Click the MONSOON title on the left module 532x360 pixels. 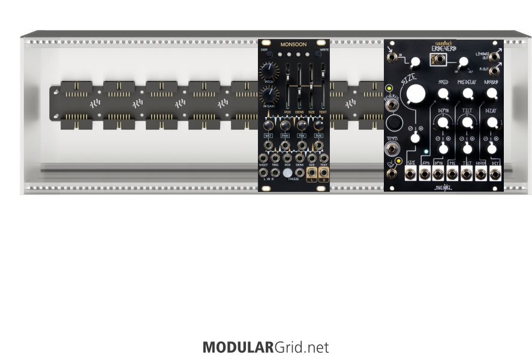(x=293, y=44)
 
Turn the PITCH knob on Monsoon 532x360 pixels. (x=269, y=73)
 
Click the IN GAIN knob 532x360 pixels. (x=269, y=95)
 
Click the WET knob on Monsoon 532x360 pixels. (x=267, y=125)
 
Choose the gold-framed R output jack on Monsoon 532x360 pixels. (x=324, y=175)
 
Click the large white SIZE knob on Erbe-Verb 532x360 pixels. (x=414, y=94)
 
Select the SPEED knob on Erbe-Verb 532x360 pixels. (x=443, y=93)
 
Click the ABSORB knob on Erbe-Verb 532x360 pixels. (x=492, y=93)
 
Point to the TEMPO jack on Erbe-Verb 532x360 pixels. (x=392, y=149)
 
